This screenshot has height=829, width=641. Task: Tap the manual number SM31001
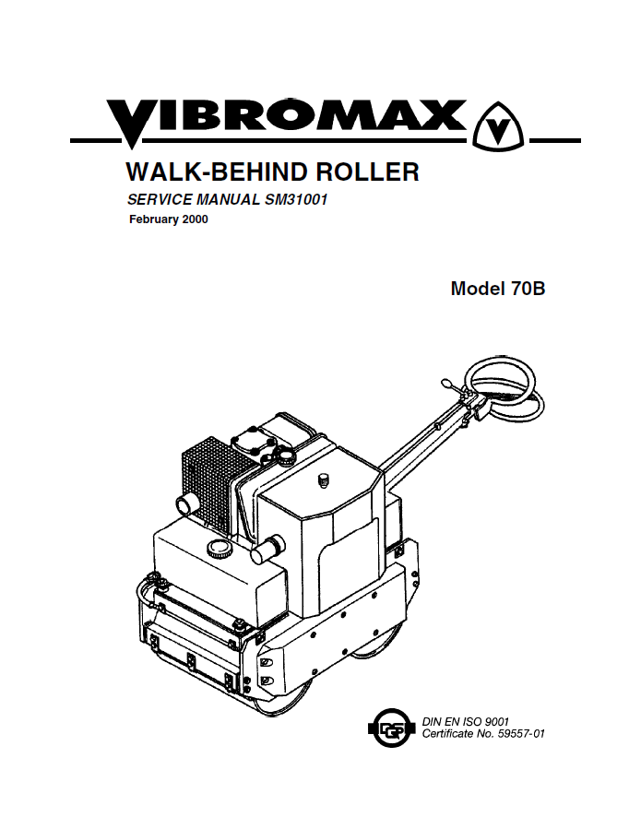(x=294, y=199)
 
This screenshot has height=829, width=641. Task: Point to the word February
(x=154, y=219)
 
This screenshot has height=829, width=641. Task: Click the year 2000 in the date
(x=195, y=219)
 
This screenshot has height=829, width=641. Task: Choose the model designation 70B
(x=528, y=288)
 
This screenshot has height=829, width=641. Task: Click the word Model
(x=478, y=288)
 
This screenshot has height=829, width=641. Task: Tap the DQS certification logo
(x=391, y=728)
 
